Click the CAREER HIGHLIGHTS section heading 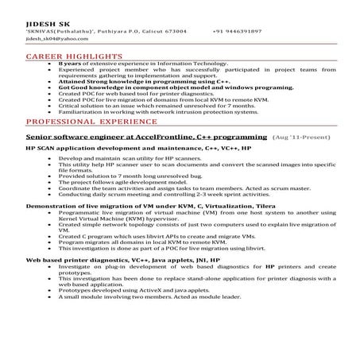[74, 58]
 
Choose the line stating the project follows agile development [128, 182]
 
